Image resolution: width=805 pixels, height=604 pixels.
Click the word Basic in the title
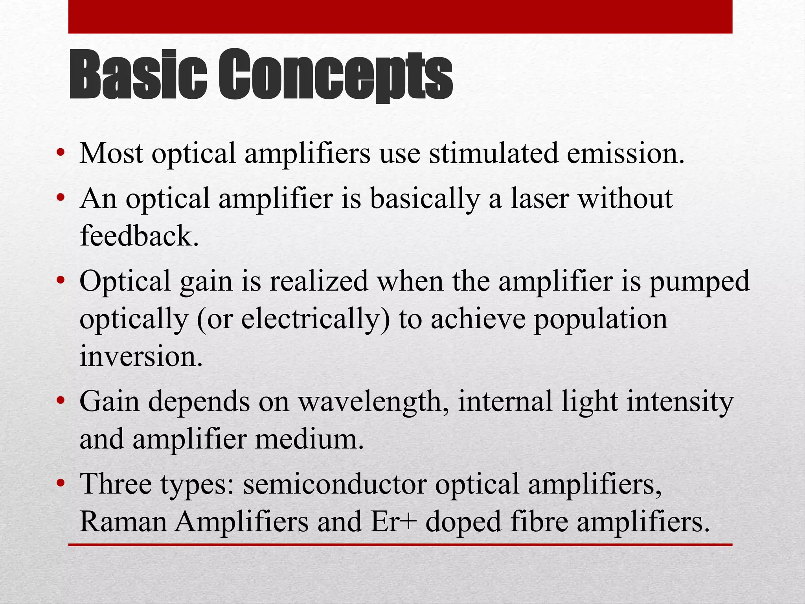[x=138, y=75]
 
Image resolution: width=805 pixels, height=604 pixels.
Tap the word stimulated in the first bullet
[x=493, y=153]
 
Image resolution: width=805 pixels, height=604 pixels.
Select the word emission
[x=625, y=153]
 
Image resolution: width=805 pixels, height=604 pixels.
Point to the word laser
[x=539, y=198]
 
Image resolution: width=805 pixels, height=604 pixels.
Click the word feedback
[x=139, y=236]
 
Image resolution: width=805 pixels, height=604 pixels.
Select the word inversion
[x=141, y=356]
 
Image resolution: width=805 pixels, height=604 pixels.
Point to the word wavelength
[x=374, y=402]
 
